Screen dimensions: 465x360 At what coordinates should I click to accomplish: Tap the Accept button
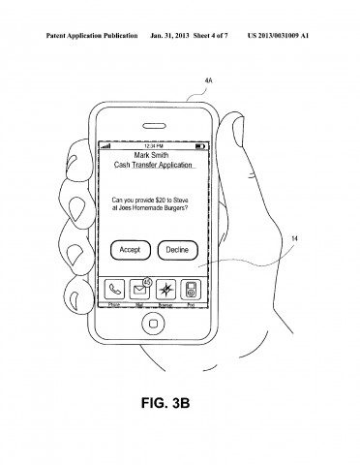click(130, 249)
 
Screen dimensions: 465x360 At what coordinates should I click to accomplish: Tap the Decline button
click(176, 249)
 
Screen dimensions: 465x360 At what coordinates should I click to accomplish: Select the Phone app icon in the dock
click(115, 288)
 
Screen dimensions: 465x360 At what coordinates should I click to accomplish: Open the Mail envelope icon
click(140, 288)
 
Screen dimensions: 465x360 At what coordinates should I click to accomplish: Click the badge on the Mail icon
click(146, 281)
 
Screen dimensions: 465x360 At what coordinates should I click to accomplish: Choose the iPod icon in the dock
click(192, 288)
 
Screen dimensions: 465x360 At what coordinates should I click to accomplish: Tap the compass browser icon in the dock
click(166, 288)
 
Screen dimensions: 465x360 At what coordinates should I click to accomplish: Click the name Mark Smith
click(152, 154)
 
